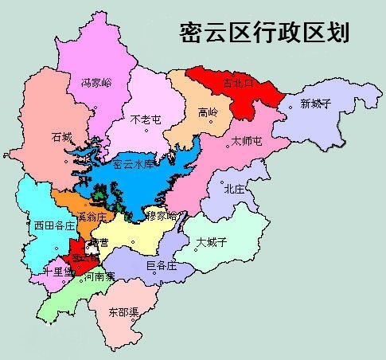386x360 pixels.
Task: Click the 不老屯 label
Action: click(x=146, y=119)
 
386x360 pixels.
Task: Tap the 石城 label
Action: click(x=61, y=135)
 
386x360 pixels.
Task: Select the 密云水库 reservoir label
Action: click(x=133, y=165)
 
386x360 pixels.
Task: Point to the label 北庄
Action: click(x=234, y=189)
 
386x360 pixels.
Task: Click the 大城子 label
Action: click(x=212, y=241)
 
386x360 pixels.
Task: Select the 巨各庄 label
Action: click(x=162, y=266)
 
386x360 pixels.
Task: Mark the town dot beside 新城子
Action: click(x=290, y=104)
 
